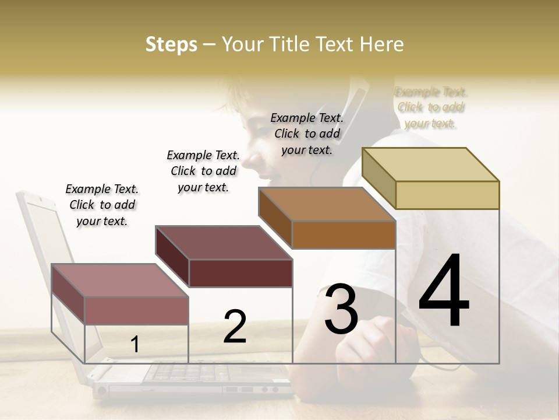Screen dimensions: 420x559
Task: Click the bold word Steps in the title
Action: (x=171, y=44)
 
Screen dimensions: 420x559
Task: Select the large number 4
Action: (x=444, y=292)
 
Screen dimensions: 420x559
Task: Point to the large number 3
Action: (x=341, y=309)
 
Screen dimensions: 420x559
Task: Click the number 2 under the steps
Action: (x=235, y=327)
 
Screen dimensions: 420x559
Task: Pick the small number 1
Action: (x=135, y=345)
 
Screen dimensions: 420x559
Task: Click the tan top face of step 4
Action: (x=431, y=164)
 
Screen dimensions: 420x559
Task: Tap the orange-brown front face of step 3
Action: (x=344, y=235)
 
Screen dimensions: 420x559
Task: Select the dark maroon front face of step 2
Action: (x=240, y=273)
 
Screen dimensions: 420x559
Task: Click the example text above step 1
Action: (x=102, y=205)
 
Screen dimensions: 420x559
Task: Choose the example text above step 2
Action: (x=203, y=171)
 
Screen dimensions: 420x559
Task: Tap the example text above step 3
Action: (x=307, y=134)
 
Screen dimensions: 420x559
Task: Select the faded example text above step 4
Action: (x=431, y=108)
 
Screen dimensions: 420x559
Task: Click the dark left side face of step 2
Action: (x=172, y=257)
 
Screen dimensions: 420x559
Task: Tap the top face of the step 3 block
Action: (x=326, y=204)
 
